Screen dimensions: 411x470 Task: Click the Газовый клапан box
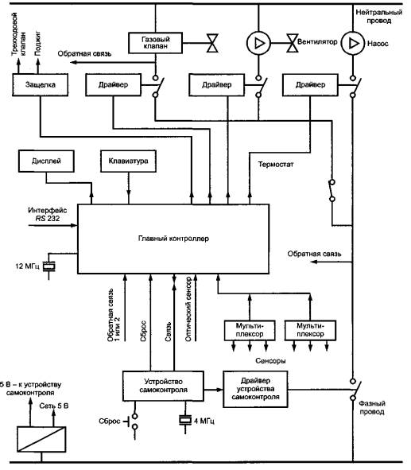coord(156,43)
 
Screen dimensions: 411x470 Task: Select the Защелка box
coord(40,85)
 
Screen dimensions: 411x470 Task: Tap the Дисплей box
coord(46,161)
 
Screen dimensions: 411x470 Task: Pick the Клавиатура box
coord(128,161)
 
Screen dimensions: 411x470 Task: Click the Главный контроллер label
coord(173,239)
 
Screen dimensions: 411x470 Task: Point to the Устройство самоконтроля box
coord(163,386)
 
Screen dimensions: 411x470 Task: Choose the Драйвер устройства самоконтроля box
coord(255,389)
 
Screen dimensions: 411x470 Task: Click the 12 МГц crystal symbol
coord(48,266)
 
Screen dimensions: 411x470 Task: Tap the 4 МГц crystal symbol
coord(185,421)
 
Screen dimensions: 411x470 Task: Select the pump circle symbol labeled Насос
coord(353,44)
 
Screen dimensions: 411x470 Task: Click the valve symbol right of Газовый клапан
coord(212,44)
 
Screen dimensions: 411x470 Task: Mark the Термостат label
coord(276,165)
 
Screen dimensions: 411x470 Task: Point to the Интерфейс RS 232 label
coord(48,214)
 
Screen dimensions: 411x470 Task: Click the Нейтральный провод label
coord(378,17)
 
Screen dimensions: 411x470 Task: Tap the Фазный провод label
coord(372,408)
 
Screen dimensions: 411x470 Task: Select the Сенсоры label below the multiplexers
coord(270,361)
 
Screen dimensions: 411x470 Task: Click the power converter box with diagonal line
coord(41,440)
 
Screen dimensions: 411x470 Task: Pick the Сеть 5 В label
coord(54,406)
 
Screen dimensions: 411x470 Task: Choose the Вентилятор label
coord(317,41)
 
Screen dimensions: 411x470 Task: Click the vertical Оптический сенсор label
coord(188,309)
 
